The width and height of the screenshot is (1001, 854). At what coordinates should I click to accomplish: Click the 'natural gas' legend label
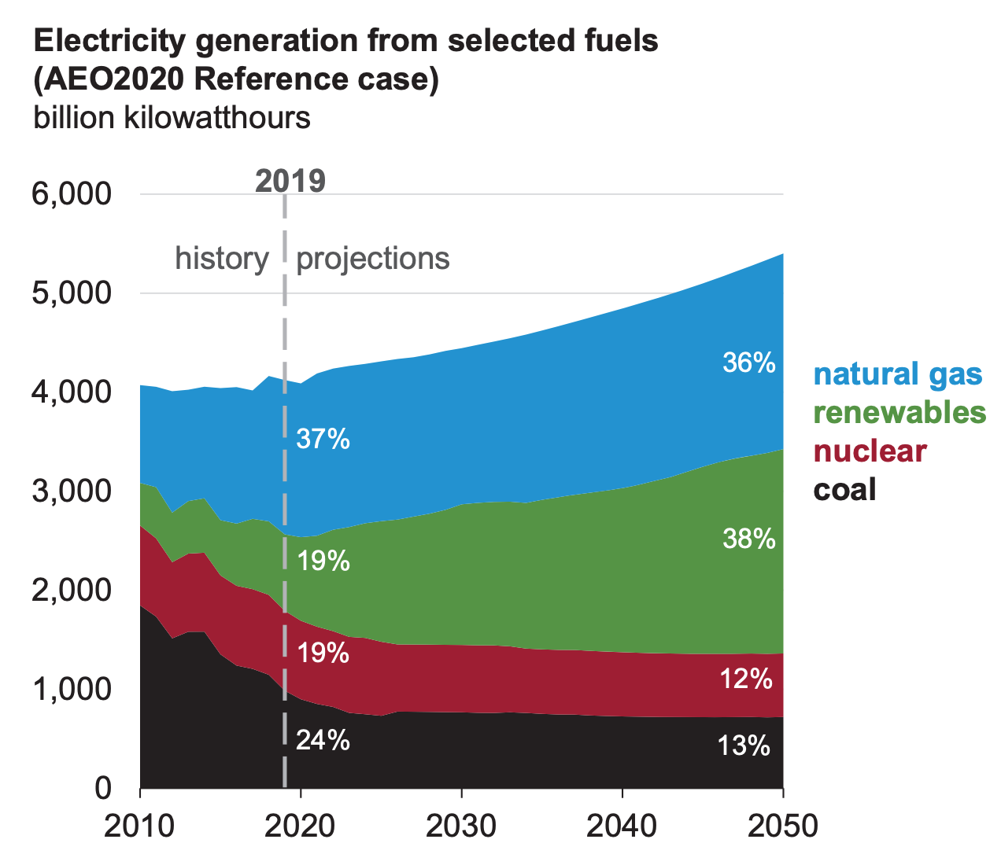click(897, 374)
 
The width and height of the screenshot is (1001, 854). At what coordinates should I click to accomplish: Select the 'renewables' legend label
click(899, 413)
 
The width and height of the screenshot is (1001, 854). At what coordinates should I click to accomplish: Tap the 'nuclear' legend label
click(870, 451)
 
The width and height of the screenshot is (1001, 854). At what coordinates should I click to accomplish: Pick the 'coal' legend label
click(844, 490)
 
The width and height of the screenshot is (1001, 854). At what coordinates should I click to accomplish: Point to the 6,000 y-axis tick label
click(72, 194)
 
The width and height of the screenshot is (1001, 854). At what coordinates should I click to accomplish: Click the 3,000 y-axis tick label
click(72, 491)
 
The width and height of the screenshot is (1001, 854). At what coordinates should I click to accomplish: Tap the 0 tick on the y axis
click(102, 788)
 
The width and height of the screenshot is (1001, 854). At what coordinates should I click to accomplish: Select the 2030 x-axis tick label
click(461, 826)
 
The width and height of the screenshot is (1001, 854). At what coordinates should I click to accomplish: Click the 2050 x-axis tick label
click(782, 826)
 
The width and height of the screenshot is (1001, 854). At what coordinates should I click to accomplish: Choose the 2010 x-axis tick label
click(140, 826)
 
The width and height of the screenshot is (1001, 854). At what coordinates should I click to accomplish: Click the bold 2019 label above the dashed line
click(290, 181)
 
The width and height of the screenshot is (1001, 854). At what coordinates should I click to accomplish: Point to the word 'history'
click(222, 259)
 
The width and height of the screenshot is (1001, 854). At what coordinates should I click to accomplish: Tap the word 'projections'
click(373, 259)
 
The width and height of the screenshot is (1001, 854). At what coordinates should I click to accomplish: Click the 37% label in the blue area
click(323, 439)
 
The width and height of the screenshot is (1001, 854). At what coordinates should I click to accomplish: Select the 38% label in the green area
click(749, 539)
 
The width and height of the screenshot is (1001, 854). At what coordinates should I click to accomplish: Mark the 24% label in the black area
click(323, 740)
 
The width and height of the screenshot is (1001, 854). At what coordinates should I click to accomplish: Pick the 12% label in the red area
click(746, 679)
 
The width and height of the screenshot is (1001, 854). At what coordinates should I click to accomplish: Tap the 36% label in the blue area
click(749, 363)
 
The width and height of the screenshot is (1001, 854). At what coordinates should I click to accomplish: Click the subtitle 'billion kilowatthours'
click(172, 118)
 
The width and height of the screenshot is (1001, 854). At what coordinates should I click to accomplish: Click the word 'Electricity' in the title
click(110, 41)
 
